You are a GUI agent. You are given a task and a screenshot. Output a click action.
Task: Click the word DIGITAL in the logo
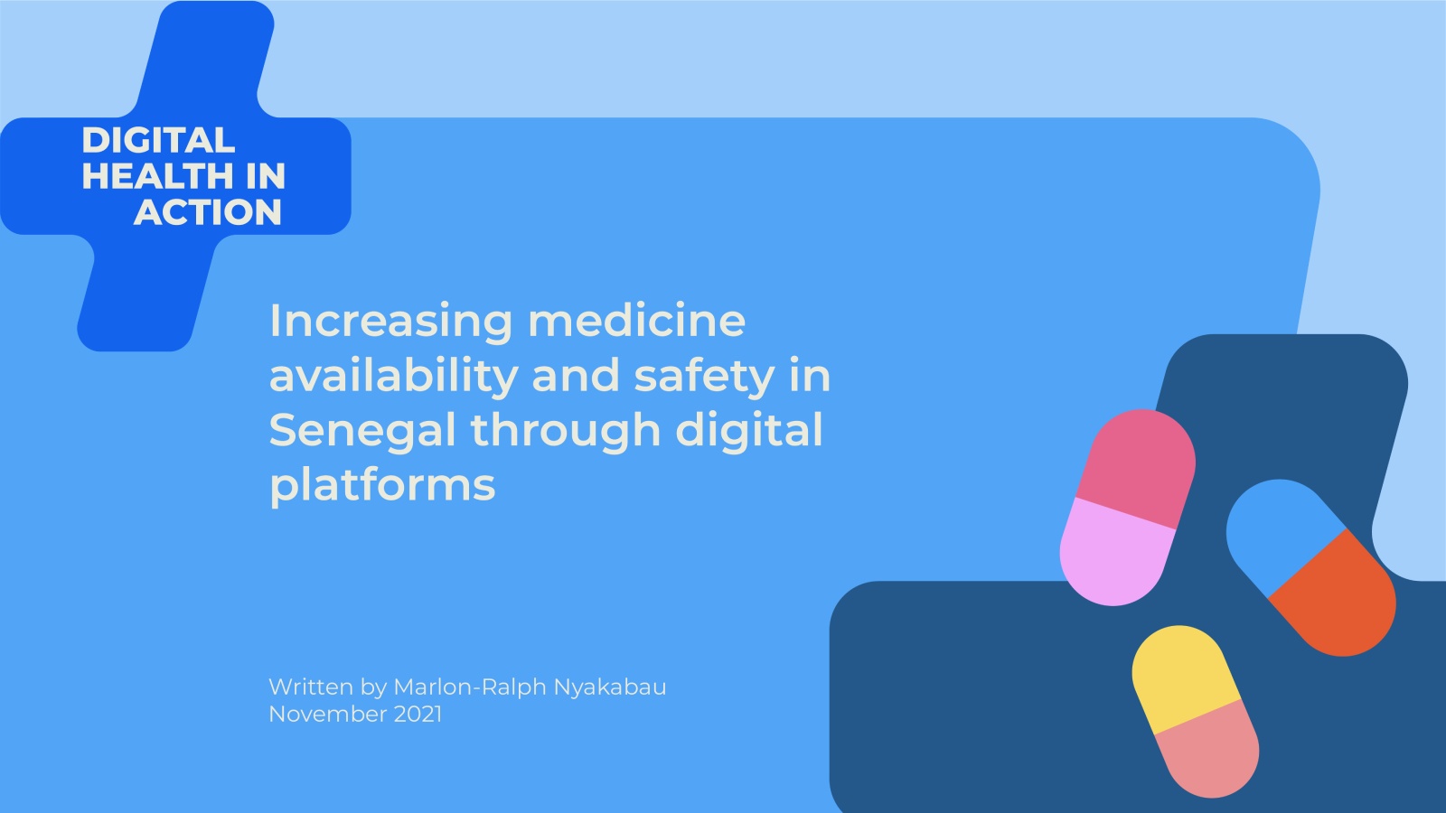158,140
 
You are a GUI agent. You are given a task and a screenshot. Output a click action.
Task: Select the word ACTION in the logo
208,211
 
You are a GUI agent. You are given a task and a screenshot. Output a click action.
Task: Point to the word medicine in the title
637,320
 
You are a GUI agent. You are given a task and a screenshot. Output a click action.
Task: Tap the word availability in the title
394,376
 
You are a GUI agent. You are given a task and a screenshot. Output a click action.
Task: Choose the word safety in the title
705,376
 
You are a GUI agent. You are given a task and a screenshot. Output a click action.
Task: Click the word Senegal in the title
362,430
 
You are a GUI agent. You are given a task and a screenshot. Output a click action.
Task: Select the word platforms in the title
382,484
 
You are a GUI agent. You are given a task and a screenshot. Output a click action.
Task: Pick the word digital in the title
749,430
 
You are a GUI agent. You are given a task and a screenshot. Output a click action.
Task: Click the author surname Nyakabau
610,687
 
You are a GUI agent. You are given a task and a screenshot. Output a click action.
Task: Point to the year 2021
418,715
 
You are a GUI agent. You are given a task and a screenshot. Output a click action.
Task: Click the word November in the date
328,715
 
